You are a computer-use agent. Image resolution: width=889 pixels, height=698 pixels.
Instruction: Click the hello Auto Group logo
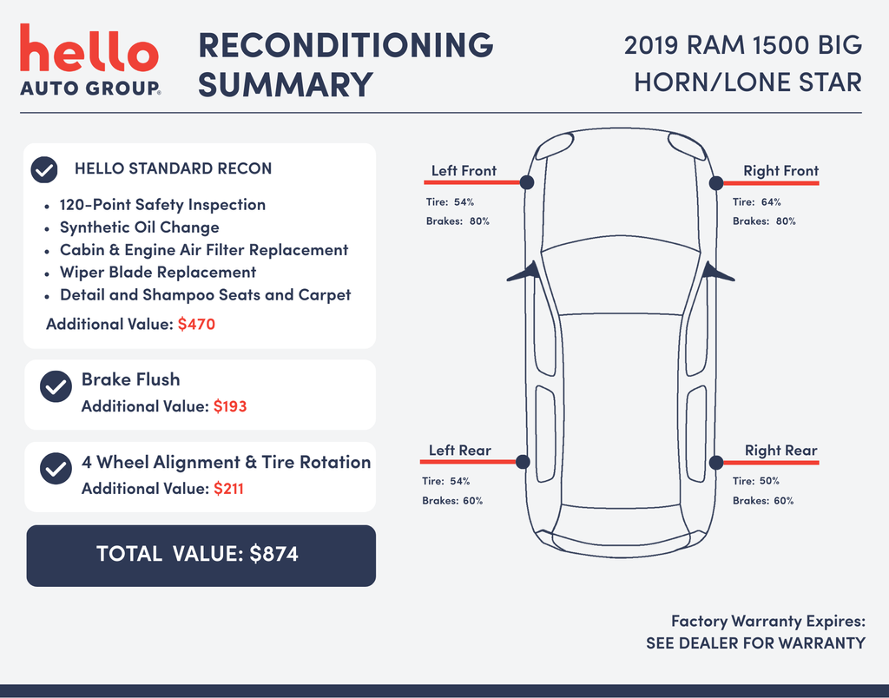pyautogui.click(x=90, y=60)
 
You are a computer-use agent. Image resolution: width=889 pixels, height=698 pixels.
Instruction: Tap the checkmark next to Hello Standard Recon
pyautogui.click(x=44, y=169)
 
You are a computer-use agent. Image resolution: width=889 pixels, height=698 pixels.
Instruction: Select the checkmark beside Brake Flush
pyautogui.click(x=56, y=386)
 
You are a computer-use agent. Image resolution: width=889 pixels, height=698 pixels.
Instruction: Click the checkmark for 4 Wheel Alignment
pyautogui.click(x=56, y=468)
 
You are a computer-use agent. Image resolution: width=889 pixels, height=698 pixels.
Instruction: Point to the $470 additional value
pyautogui.click(x=196, y=325)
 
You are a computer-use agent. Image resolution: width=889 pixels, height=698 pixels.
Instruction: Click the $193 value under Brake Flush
pyautogui.click(x=230, y=406)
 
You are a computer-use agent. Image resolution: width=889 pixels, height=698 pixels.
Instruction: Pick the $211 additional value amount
pyautogui.click(x=228, y=489)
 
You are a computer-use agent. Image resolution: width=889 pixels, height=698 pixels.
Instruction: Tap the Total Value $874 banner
pyautogui.click(x=201, y=556)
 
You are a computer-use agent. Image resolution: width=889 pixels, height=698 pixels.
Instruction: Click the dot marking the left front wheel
pyautogui.click(x=527, y=182)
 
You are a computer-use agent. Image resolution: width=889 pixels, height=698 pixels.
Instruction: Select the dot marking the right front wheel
pyautogui.click(x=716, y=183)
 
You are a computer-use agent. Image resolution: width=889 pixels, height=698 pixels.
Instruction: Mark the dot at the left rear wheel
pyautogui.click(x=523, y=462)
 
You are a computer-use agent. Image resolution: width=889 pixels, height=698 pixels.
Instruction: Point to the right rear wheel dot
pyautogui.click(x=716, y=463)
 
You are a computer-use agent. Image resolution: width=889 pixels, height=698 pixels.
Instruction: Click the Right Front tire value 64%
pyautogui.click(x=771, y=202)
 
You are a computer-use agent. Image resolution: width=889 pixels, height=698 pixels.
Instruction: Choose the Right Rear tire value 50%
pyautogui.click(x=769, y=481)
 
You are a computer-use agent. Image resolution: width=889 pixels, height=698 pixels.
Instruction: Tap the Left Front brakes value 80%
pyautogui.click(x=479, y=221)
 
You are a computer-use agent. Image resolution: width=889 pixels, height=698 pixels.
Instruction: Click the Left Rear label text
pyautogui.click(x=460, y=451)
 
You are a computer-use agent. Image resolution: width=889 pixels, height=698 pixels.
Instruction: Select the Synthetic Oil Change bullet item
pyautogui.click(x=140, y=227)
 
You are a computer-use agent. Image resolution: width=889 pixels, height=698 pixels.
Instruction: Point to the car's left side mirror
pyautogui.click(x=523, y=272)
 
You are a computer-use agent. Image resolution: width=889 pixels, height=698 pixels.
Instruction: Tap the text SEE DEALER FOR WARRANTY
pyautogui.click(x=756, y=643)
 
